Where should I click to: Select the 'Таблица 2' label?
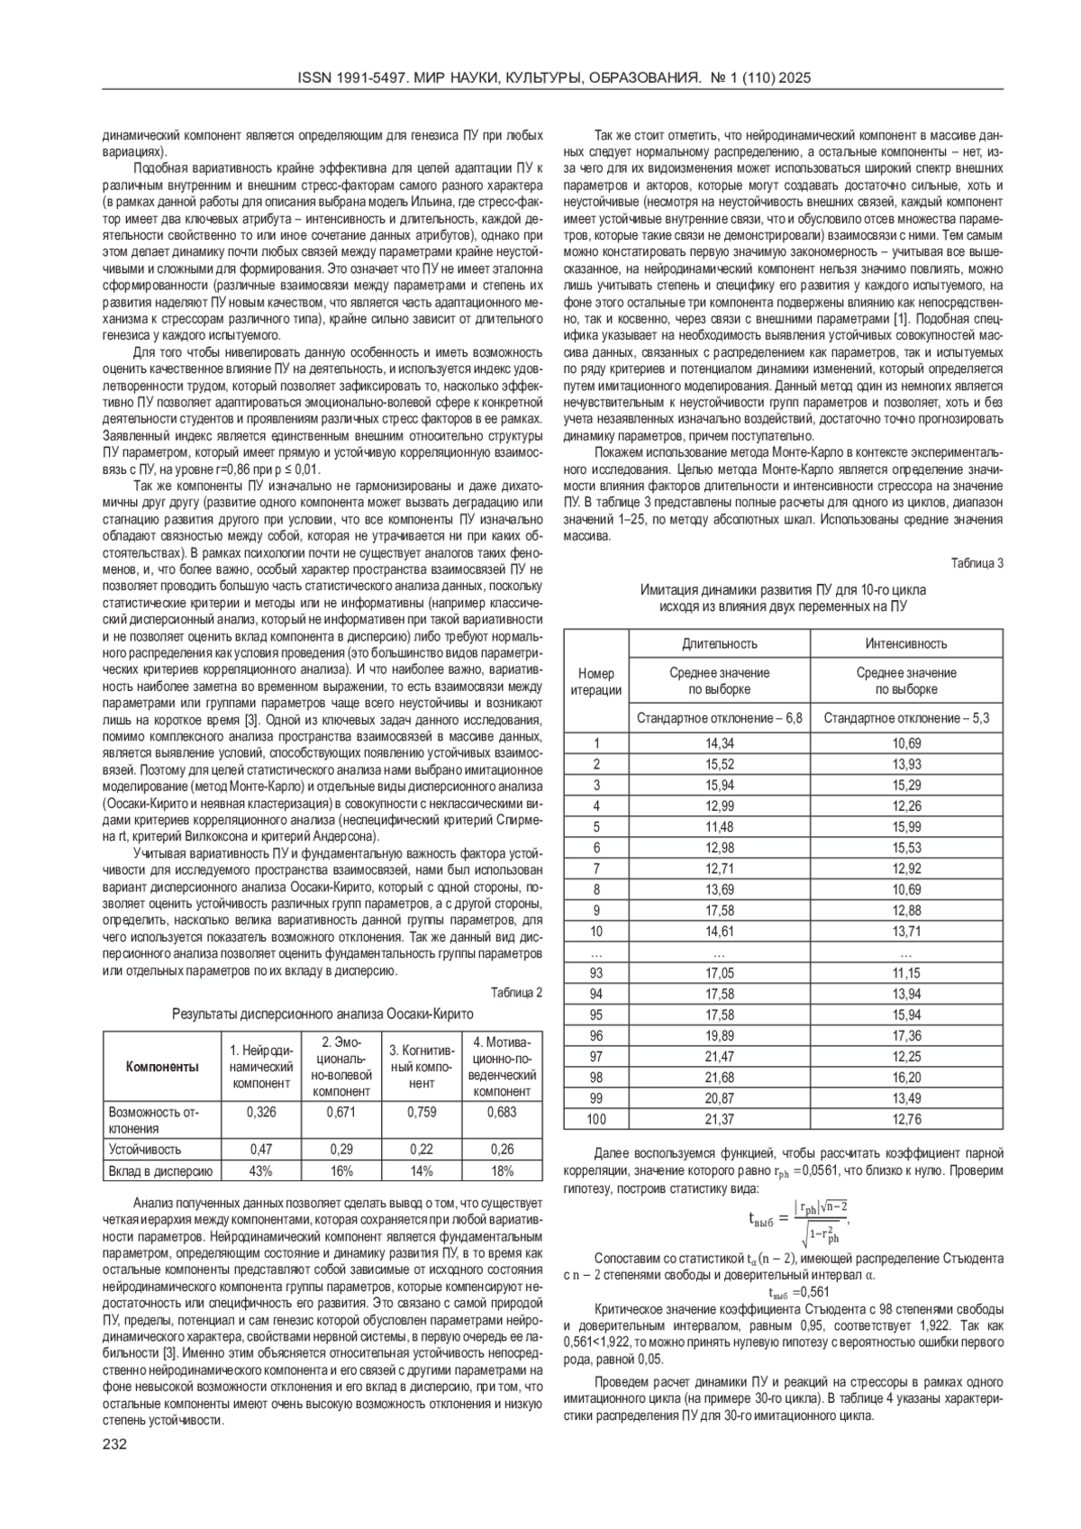coord(517,993)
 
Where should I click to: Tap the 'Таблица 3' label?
coord(977,563)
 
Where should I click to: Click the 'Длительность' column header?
coord(719,643)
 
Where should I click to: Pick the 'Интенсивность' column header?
coord(905,643)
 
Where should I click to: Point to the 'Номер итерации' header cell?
coord(595,681)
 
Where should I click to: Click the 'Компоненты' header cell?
coord(162,1067)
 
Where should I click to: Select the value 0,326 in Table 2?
coord(261,1112)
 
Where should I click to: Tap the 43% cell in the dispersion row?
coord(261,1171)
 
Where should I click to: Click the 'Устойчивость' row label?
coord(145,1150)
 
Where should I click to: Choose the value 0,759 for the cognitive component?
coord(421,1112)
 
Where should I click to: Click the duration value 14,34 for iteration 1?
coord(719,743)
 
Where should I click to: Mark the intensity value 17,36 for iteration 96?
coord(905,1036)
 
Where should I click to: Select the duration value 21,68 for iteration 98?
coord(719,1078)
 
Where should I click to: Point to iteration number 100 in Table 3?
coord(595,1119)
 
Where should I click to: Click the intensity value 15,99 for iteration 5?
coord(905,826)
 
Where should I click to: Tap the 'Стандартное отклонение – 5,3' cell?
coord(905,718)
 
